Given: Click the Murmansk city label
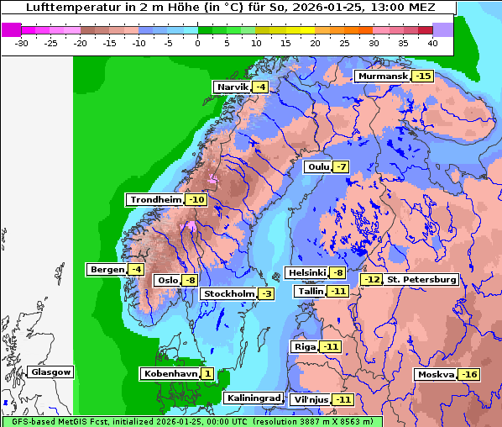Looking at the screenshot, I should (383, 76).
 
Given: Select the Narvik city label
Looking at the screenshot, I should (233, 87).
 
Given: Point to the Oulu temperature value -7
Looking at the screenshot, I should (340, 166).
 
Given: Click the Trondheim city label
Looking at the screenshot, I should (155, 200).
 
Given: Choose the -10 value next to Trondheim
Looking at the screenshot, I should (196, 200).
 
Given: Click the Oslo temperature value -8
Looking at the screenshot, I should (191, 281).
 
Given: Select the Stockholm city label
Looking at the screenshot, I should (227, 293).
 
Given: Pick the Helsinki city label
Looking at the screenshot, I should (306, 272).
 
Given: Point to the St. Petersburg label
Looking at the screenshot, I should (421, 279).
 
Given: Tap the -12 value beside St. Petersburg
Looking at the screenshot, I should (371, 279).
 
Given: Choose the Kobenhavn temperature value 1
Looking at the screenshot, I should (207, 373).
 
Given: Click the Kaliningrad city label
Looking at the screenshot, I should (252, 398).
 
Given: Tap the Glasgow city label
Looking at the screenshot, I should (50, 372).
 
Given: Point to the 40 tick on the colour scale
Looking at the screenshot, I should (431, 44).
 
